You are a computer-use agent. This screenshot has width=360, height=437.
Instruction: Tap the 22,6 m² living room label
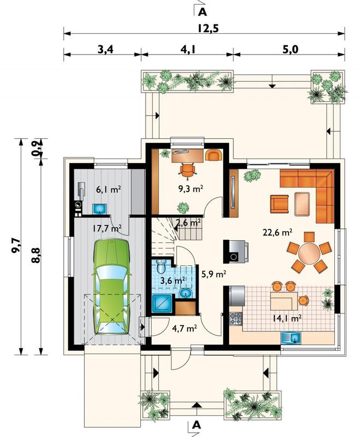pyautogui.click(x=278, y=232)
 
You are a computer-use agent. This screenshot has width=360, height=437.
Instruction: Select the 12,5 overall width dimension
pyautogui.click(x=208, y=28)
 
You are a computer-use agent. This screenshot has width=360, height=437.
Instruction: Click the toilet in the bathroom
pyautogui.click(x=161, y=266)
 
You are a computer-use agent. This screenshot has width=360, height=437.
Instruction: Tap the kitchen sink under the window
pyautogui.click(x=291, y=338)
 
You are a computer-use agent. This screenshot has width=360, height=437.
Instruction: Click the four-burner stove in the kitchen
pyautogui.click(x=236, y=319)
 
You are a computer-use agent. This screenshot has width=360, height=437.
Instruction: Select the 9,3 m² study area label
pyautogui.click(x=190, y=189)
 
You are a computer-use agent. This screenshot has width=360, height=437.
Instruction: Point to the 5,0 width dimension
pyautogui.click(x=290, y=50)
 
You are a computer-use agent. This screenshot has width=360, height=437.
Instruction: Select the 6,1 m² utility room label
pyautogui.click(x=109, y=190)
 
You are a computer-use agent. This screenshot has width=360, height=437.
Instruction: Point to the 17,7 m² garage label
pyautogui.click(x=107, y=229)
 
